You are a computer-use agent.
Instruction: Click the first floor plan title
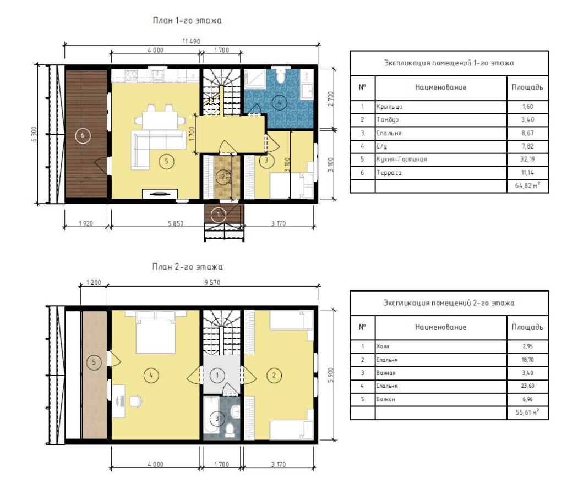pos(187,20)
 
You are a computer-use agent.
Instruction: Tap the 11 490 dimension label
pos(192,41)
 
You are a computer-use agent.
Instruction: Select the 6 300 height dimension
pos(34,134)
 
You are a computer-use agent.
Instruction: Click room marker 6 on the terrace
pos(82,135)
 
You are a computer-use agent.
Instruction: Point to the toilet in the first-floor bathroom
pos(281,75)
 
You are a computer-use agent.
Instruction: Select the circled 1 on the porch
pos(218,215)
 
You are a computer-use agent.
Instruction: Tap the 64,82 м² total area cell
pos(527,186)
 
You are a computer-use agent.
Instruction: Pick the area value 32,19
pos(527,159)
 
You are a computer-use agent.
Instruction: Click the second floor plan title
pos(187,267)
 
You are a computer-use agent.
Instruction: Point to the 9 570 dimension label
pos(212,283)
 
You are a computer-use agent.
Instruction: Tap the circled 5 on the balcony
pos(94,362)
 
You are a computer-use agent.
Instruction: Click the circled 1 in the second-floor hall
pos(217,375)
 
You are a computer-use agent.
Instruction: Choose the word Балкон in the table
pos(385,399)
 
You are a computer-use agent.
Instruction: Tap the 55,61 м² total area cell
pos(527,412)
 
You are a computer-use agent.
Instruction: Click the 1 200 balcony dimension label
pos(94,283)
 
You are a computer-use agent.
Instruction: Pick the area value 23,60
pos(527,386)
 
